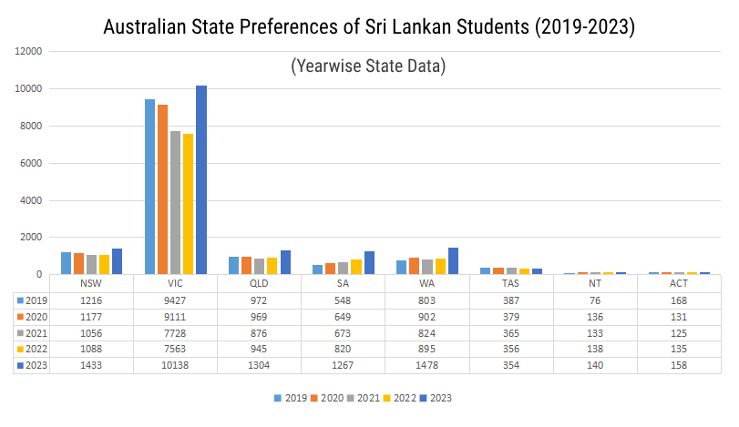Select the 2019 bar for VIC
[x=150, y=187]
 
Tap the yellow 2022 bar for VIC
[x=189, y=204]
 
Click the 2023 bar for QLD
[x=285, y=262]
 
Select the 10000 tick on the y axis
[x=29, y=89]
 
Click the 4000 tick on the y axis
[x=32, y=200]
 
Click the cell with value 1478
[x=427, y=365]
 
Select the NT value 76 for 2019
[x=595, y=300]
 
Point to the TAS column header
[x=511, y=283]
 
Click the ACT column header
[x=679, y=283]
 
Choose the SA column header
[x=344, y=283]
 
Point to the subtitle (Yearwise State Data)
[x=368, y=66]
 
